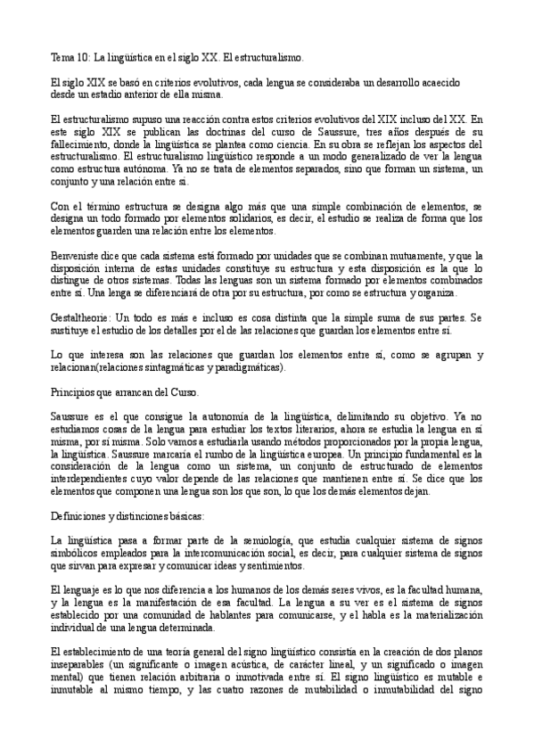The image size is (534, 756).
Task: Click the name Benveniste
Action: click(x=78, y=254)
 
